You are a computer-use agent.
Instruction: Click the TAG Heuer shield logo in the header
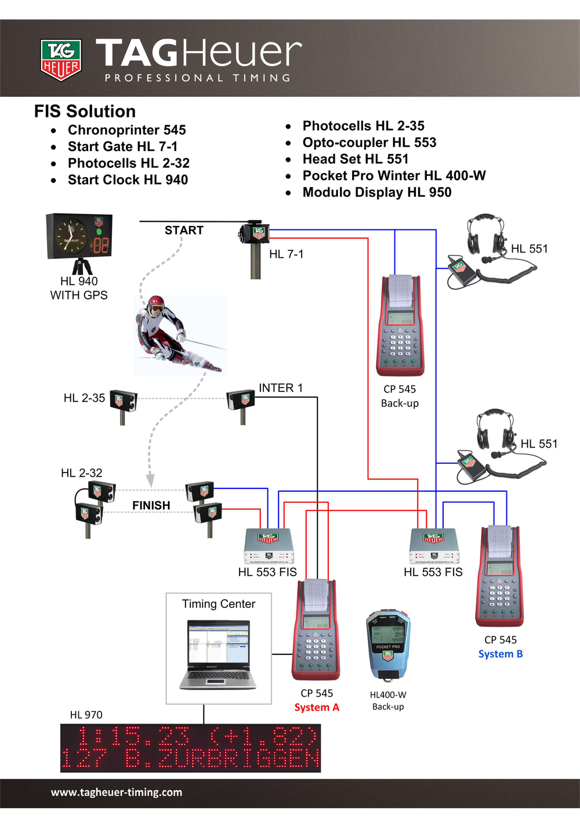point(61,59)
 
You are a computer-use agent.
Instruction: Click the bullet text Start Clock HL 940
point(128,180)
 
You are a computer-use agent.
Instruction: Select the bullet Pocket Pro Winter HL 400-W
point(394,176)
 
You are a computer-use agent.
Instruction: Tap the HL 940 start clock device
point(79,236)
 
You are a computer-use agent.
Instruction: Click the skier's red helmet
point(156,303)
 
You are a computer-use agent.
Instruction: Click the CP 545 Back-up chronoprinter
point(400,325)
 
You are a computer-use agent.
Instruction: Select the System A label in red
point(317,707)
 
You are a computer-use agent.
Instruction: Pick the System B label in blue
point(501,654)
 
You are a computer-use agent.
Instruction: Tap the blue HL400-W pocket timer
point(388,644)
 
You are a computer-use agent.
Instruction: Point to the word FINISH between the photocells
point(151,506)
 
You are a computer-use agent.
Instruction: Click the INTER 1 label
point(281,388)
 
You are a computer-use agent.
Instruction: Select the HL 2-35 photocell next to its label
point(124,401)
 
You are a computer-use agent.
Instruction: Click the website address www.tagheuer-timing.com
point(117,793)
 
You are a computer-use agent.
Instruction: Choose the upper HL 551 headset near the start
point(486,238)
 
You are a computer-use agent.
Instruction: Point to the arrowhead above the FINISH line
point(150,481)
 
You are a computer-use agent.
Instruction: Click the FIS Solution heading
point(85,111)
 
